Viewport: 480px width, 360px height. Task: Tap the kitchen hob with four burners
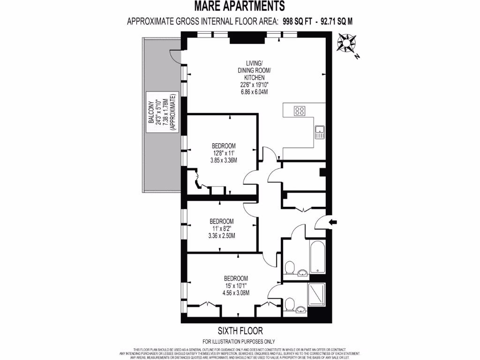[x=300, y=111]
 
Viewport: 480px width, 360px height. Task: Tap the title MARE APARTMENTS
[x=240, y=6]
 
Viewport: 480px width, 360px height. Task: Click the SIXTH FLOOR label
[x=240, y=330]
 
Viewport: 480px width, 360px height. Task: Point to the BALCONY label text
[x=151, y=113]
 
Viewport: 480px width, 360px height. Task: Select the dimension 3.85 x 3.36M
[x=224, y=160]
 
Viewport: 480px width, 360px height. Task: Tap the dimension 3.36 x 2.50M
[x=221, y=235]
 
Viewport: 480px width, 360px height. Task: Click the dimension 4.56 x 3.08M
[x=236, y=293]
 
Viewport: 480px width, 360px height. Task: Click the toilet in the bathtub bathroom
[x=290, y=269]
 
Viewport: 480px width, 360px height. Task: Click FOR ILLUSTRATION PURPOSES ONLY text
[x=239, y=342]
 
